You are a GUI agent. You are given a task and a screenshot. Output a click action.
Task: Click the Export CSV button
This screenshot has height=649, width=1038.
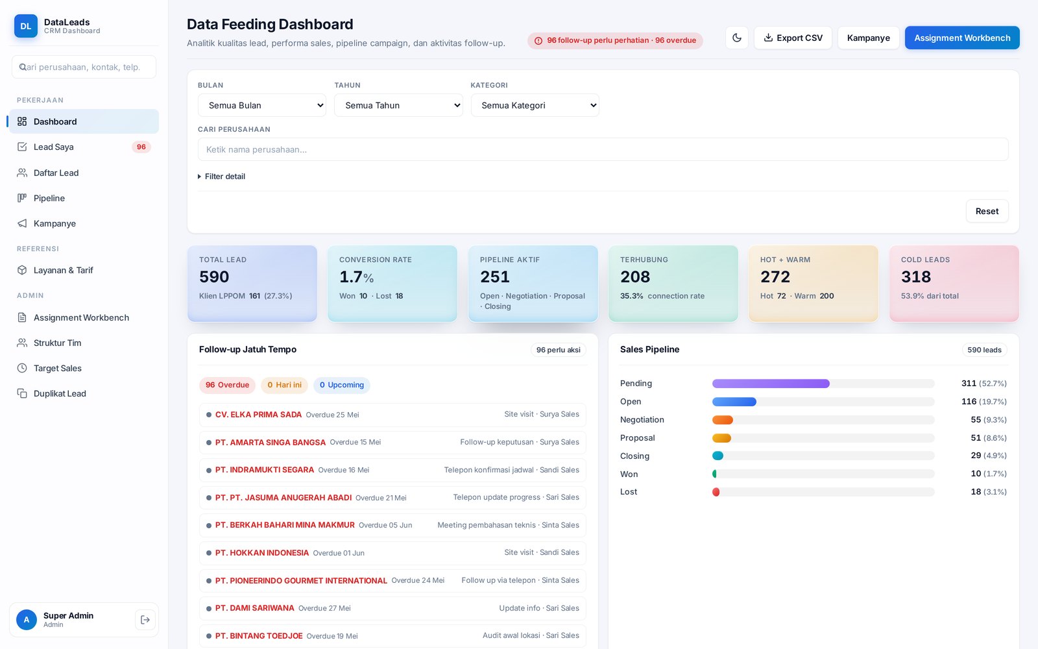tap(793, 38)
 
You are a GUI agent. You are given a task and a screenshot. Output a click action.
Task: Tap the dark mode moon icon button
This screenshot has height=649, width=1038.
tap(737, 38)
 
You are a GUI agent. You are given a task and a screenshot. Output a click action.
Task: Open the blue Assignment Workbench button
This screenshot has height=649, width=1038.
tap(962, 38)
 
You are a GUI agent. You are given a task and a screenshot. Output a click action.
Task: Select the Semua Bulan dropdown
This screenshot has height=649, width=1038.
tap(262, 105)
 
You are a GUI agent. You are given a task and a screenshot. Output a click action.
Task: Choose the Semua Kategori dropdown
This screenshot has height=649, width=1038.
tap(535, 105)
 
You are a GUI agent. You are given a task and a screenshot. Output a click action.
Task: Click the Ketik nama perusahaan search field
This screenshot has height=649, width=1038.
tap(603, 149)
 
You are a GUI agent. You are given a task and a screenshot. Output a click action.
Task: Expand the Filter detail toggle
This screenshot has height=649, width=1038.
tap(221, 176)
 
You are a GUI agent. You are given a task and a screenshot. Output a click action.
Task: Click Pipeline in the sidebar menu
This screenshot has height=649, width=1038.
tap(49, 198)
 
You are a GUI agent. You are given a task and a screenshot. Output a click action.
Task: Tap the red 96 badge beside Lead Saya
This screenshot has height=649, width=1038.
tap(141, 147)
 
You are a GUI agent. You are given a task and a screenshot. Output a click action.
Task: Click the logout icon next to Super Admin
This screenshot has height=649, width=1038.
tap(145, 620)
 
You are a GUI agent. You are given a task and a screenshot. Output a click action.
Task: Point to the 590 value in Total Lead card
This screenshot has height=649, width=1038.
tap(214, 276)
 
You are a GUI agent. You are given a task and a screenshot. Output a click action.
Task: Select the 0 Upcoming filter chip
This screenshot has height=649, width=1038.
tap(341, 385)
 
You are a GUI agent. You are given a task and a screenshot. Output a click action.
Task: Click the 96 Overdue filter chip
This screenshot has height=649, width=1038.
tap(227, 385)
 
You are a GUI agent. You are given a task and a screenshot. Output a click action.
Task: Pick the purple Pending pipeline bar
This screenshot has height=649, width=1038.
tap(771, 384)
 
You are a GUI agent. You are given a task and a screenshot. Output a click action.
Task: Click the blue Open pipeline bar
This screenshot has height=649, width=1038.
tap(734, 402)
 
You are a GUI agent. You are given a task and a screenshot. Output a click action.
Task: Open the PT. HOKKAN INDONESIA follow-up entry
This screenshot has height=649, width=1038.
tap(392, 552)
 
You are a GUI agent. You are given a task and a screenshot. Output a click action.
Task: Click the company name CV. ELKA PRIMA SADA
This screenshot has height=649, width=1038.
tap(259, 415)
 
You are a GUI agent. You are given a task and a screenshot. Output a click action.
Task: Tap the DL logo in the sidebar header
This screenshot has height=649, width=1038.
tap(26, 26)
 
